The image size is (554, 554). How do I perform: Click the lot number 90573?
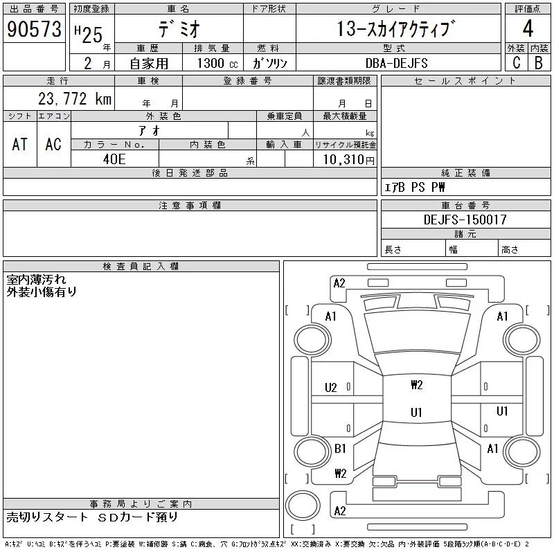(x=34, y=29)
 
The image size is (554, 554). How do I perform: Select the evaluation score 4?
(x=528, y=29)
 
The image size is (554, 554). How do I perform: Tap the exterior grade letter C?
(x=516, y=62)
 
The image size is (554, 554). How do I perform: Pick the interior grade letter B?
(x=539, y=62)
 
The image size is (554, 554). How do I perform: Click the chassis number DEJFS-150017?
(x=465, y=220)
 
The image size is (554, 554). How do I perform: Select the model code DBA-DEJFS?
(x=397, y=63)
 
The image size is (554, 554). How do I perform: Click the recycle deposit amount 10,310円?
(x=344, y=159)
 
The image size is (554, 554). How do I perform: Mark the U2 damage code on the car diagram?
(x=331, y=388)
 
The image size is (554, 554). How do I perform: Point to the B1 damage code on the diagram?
(x=339, y=449)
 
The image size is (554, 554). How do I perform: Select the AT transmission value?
(x=20, y=144)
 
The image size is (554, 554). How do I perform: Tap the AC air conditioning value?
(x=53, y=144)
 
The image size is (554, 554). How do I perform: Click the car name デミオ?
(x=178, y=30)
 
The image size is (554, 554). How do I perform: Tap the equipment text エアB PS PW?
(x=415, y=187)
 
